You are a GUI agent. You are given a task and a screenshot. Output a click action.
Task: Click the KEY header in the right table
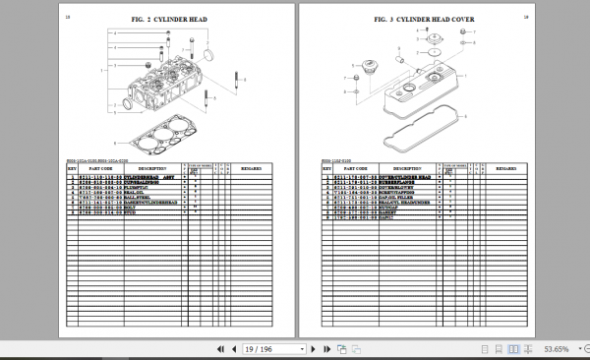coord(324,168)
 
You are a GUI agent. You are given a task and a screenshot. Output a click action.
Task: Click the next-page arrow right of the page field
coord(294,348)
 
